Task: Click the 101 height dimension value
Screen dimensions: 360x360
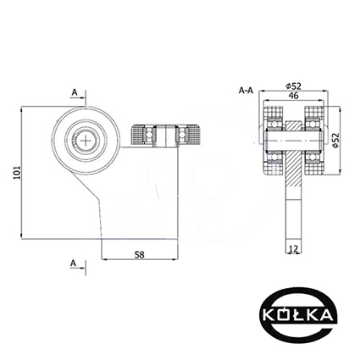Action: click(x=17, y=172)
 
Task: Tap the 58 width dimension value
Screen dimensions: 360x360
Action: click(x=139, y=255)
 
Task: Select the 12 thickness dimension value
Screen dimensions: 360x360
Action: click(x=293, y=249)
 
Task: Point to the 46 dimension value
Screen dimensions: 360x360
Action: click(x=294, y=96)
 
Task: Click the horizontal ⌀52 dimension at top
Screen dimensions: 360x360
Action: click(x=293, y=86)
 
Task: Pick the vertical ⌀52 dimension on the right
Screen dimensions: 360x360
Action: click(x=335, y=141)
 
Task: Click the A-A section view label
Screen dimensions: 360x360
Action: click(x=246, y=91)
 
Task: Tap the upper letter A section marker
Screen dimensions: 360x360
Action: click(x=75, y=92)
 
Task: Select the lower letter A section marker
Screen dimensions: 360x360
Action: click(x=73, y=263)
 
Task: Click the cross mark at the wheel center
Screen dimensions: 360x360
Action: click(x=86, y=141)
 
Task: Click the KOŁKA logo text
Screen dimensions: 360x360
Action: click(x=297, y=315)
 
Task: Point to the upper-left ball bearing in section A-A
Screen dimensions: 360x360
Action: click(x=274, y=124)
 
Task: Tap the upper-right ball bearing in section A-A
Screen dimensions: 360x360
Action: click(x=313, y=124)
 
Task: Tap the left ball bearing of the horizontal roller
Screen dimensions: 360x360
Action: click(x=149, y=136)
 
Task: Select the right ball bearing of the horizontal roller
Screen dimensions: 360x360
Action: click(x=181, y=136)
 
